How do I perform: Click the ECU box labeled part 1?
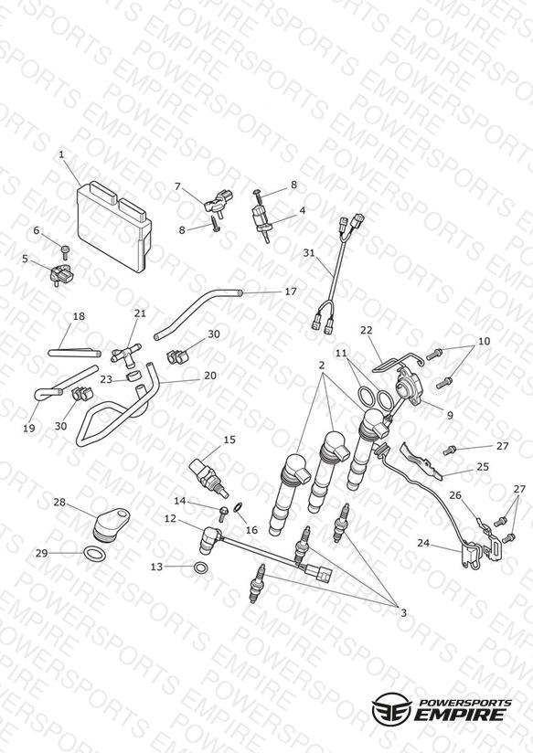pyautogui.click(x=114, y=225)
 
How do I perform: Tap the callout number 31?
pyautogui.click(x=309, y=252)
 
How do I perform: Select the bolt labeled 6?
pyautogui.click(x=65, y=251)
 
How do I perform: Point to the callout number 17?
pyautogui.click(x=291, y=291)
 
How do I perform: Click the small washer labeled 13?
pyautogui.click(x=201, y=567)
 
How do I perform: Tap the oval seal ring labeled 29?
pyautogui.click(x=94, y=553)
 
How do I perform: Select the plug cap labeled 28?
pyautogui.click(x=110, y=525)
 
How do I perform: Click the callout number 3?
pyautogui.click(x=403, y=612)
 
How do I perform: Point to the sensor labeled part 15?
pyautogui.click(x=209, y=478)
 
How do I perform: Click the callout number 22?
pyautogui.click(x=367, y=330)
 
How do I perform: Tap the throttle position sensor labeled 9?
pyautogui.click(x=408, y=389)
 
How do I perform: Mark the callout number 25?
pyautogui.click(x=483, y=466)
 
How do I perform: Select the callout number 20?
pyautogui.click(x=210, y=375)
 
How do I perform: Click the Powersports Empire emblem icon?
pyautogui.click(x=392, y=707)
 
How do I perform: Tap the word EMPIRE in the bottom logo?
pyautogui.click(x=460, y=714)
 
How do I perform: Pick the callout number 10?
pyautogui.click(x=484, y=341)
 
